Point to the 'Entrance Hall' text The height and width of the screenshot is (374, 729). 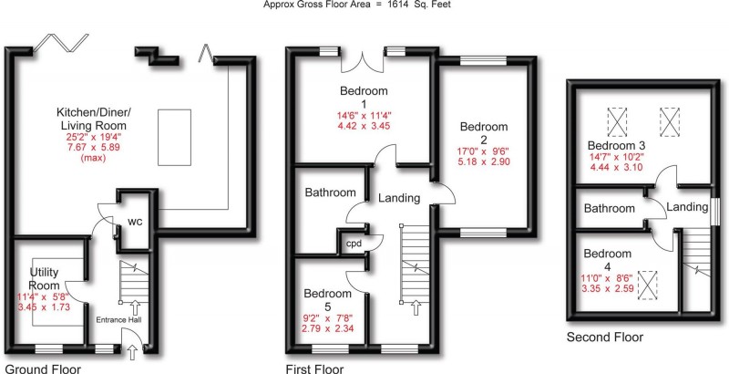click(x=126, y=320)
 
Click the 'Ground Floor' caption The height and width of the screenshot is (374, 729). click(x=41, y=369)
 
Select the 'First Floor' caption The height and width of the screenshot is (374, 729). click(x=313, y=369)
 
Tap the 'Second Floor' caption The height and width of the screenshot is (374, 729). click(x=604, y=337)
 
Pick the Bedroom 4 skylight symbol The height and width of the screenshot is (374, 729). click(x=648, y=285)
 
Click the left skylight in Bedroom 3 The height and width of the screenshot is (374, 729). click(x=619, y=120)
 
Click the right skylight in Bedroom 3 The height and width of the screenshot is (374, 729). click(x=671, y=120)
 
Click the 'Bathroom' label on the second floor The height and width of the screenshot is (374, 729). click(x=610, y=209)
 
